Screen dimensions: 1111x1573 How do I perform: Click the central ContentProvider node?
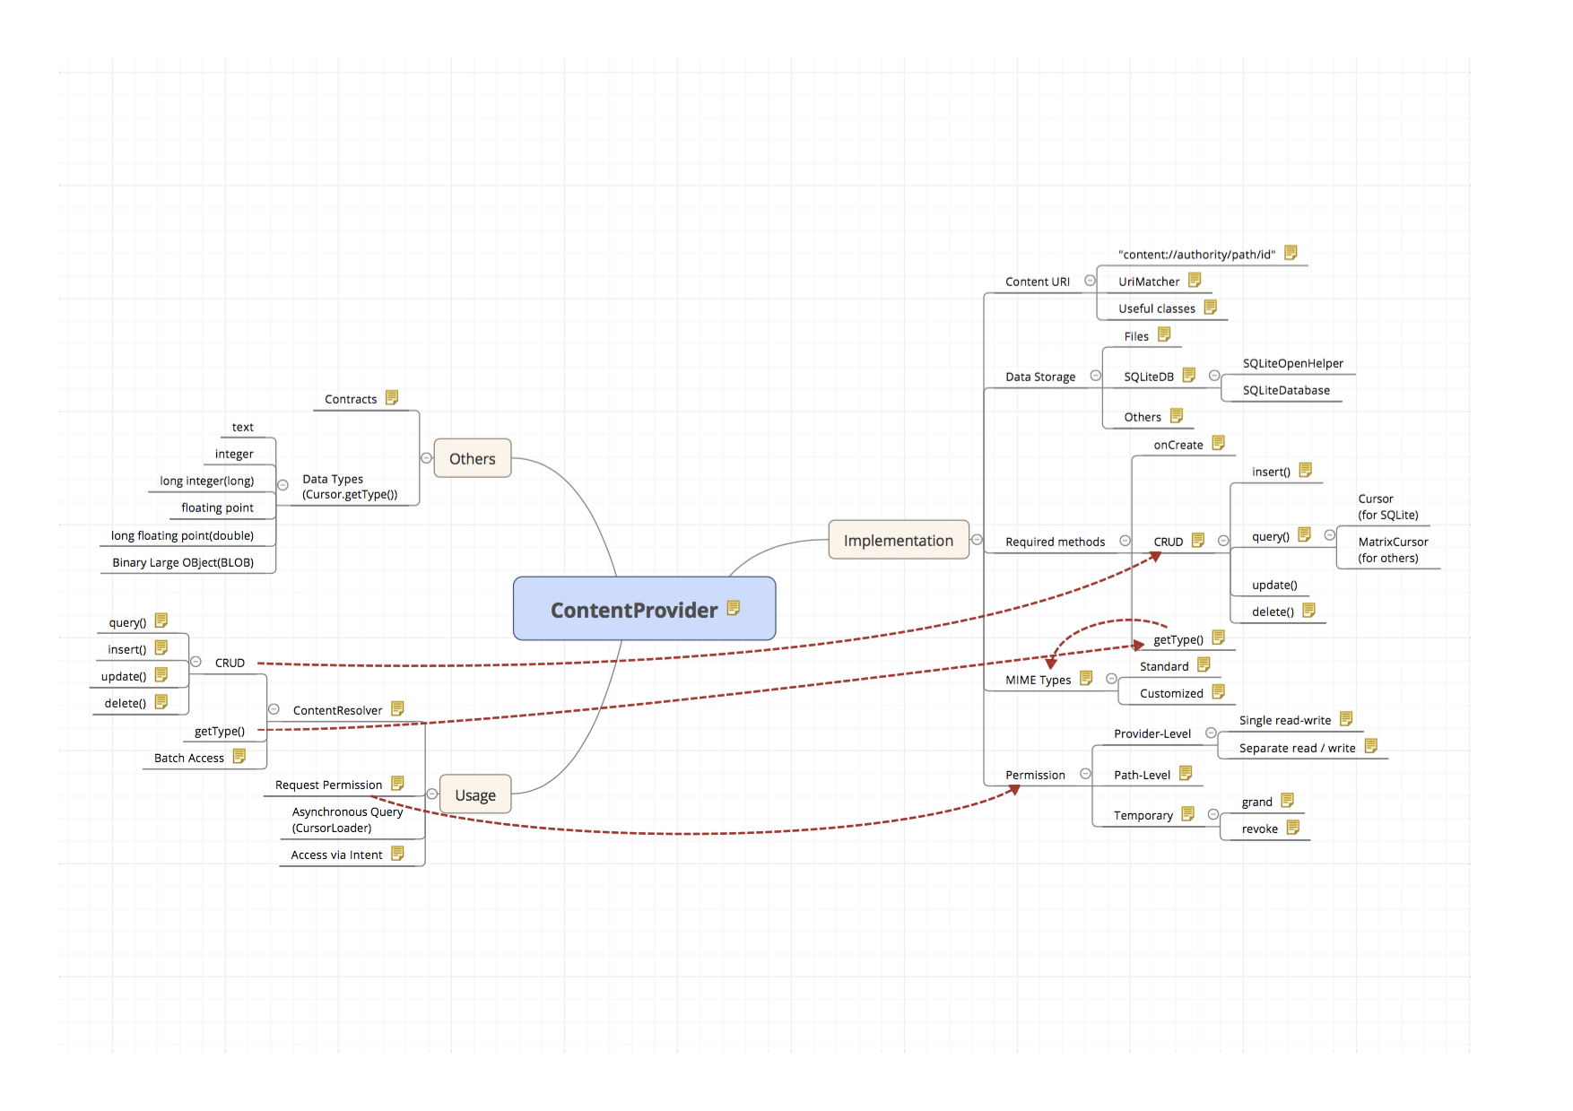tap(634, 610)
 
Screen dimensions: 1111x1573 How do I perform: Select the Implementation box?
tap(898, 540)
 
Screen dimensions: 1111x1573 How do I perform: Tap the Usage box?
tap(474, 794)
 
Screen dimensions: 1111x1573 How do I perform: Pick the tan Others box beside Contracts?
tap(472, 458)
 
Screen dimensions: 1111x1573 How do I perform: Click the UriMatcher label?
tap(1148, 282)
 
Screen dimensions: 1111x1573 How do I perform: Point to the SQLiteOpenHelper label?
tap(1292, 363)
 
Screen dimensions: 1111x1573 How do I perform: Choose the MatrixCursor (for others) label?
tap(1392, 550)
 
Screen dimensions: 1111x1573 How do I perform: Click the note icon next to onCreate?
tap(1218, 443)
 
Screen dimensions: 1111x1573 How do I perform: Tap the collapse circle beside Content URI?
tap(1090, 281)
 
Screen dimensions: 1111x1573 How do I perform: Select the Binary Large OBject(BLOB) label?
tap(183, 562)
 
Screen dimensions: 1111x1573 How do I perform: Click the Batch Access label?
tap(188, 758)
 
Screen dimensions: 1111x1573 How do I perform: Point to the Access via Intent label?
tap(336, 855)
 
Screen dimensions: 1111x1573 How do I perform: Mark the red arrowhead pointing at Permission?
tap(1014, 789)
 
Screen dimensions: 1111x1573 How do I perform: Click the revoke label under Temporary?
tap(1259, 829)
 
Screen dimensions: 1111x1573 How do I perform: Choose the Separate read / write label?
tap(1297, 748)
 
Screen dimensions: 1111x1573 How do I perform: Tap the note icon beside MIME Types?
tap(1086, 678)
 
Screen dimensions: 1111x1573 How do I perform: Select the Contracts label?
tap(351, 399)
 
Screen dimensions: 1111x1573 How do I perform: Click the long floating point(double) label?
tap(182, 535)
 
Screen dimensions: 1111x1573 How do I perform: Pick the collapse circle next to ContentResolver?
tap(274, 709)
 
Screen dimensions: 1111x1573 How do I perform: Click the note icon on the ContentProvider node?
tap(734, 608)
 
